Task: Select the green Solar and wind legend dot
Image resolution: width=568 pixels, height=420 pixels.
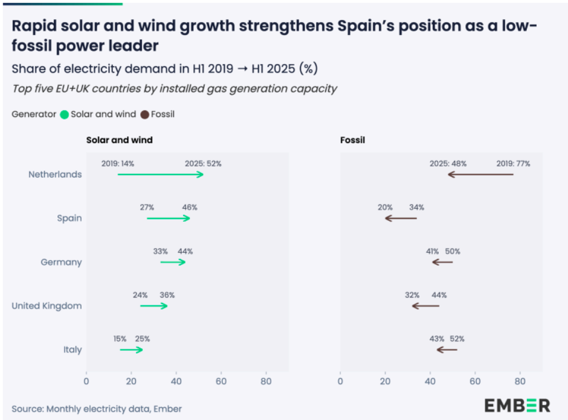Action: [65, 114]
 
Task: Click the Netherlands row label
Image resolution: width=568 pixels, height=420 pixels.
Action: [55, 174]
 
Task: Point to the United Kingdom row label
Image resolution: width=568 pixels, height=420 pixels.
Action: [47, 306]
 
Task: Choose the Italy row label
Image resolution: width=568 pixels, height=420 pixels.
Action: [73, 350]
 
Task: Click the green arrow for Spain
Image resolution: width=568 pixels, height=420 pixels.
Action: [168, 218]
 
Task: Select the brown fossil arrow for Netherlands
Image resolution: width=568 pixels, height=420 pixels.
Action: [480, 174]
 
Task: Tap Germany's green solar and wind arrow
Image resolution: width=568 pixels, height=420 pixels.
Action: [173, 262]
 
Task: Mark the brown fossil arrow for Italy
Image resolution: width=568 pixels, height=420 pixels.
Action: [447, 350]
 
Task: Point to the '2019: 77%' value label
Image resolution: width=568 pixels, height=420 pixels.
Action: [513, 164]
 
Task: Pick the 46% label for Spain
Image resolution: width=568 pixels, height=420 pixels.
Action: [189, 208]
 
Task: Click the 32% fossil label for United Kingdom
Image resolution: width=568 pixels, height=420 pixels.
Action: [412, 295]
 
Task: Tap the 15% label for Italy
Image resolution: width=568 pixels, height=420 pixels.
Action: [120, 339]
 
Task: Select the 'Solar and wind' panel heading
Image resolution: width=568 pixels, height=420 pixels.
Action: [119, 140]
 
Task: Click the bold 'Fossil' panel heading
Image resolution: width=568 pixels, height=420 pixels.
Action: [352, 140]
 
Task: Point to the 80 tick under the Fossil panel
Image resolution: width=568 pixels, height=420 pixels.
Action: [520, 381]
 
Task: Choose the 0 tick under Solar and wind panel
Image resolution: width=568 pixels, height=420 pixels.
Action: [86, 381]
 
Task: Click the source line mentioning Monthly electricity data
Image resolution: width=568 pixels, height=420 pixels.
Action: [97, 409]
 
